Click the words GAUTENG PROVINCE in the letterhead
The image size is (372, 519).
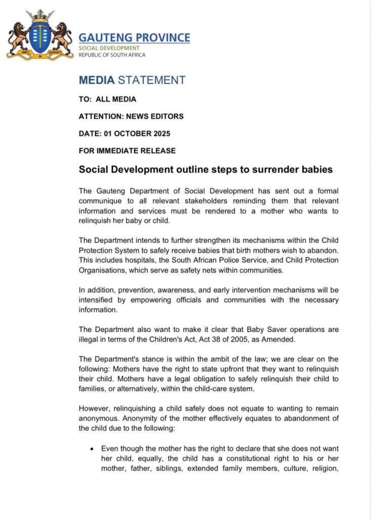tap(134, 38)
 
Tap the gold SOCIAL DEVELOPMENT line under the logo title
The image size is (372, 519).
tap(109, 48)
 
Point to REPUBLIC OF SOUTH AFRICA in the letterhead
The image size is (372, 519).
tap(112, 55)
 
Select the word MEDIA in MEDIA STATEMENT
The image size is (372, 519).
tap(96, 80)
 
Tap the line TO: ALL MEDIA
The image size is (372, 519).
tap(107, 99)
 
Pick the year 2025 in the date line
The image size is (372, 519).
tap(160, 134)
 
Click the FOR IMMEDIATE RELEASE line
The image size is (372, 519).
tap(127, 151)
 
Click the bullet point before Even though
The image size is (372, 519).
tap(92, 449)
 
